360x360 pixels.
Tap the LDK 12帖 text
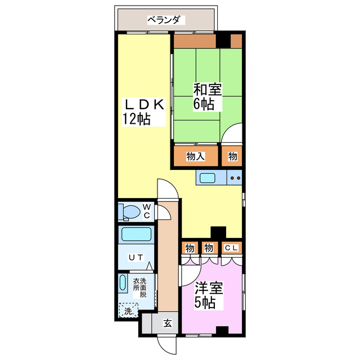point(144,112)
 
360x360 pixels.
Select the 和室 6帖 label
point(208,97)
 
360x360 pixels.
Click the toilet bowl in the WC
point(130,211)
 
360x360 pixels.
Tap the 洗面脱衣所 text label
point(139,287)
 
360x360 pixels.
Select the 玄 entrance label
point(168,323)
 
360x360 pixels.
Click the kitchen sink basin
point(208,178)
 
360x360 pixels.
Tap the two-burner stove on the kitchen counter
point(235,178)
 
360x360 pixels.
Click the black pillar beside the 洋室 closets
point(218,232)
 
